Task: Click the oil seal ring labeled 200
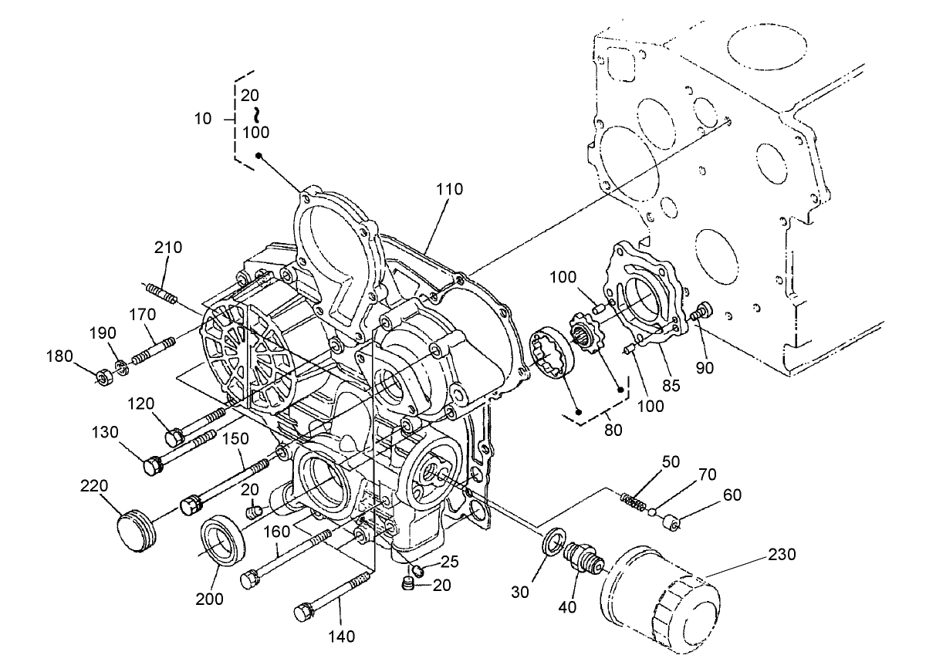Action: point(224,542)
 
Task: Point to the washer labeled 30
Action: point(553,542)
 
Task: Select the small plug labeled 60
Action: point(671,522)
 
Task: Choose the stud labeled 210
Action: point(161,293)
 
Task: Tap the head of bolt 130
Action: point(153,467)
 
